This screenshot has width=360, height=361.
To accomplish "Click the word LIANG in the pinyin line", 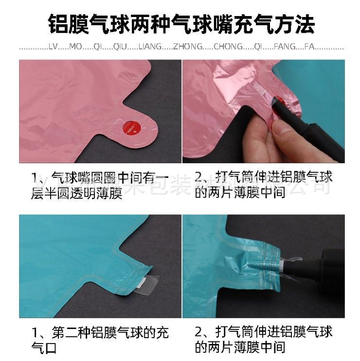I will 148,47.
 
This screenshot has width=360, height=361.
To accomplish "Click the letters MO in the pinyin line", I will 76,47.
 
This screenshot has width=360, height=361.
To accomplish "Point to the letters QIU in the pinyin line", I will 120,47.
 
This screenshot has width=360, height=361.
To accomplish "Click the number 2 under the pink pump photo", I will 199,178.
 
